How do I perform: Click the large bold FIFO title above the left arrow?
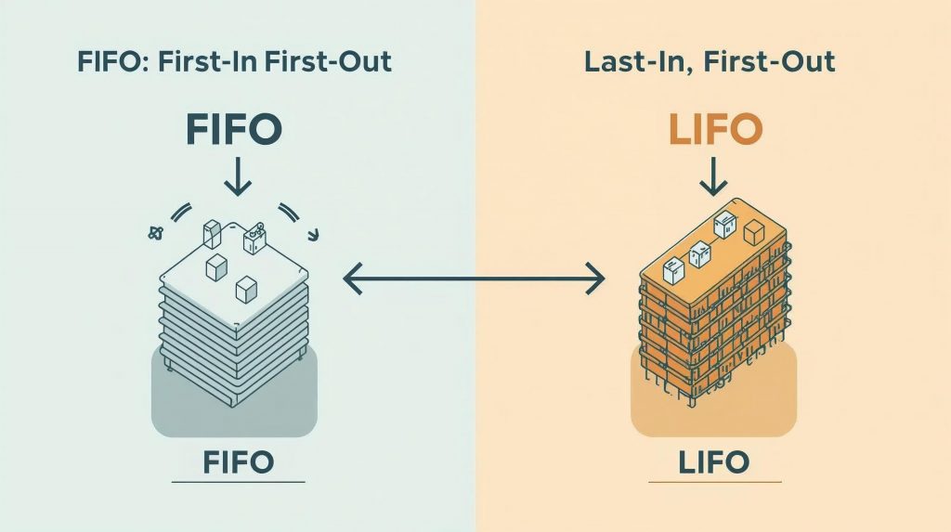233,129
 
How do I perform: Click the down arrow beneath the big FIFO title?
238,175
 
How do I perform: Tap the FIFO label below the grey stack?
238,461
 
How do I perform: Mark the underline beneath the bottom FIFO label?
238,482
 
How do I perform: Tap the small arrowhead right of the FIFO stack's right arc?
315,234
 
